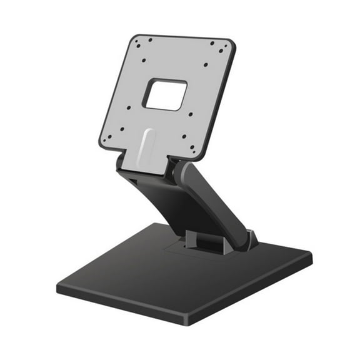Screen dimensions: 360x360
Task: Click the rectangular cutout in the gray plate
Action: tap(164, 95)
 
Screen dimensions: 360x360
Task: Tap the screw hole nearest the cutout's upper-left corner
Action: tap(144, 61)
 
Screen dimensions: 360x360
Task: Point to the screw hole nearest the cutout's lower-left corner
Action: tap(129, 107)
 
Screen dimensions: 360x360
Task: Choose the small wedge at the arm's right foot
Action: tap(251, 238)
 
